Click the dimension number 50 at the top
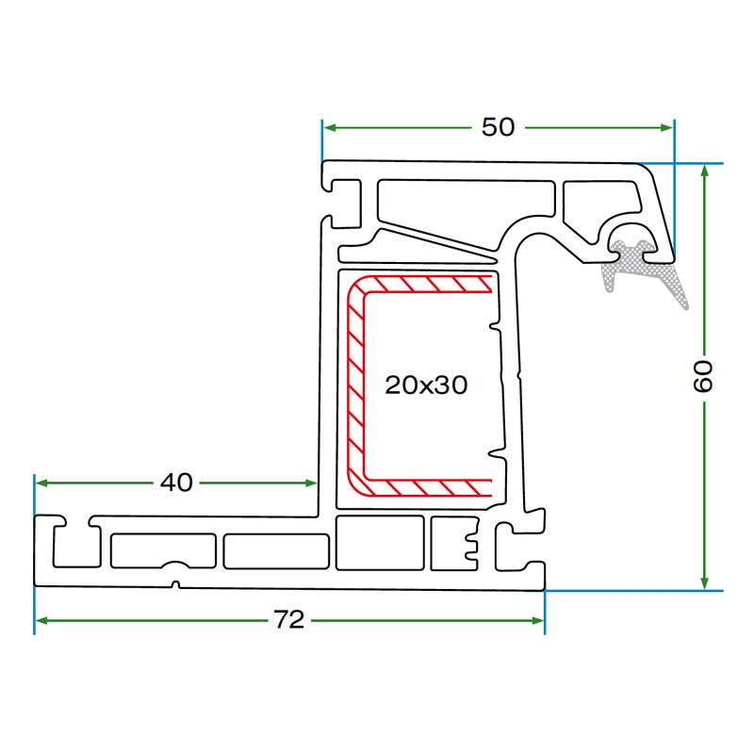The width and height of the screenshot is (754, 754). click(x=498, y=127)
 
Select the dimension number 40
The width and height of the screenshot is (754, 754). click(x=176, y=483)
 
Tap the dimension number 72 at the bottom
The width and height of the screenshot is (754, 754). click(x=289, y=620)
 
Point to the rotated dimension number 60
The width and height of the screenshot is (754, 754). click(x=703, y=375)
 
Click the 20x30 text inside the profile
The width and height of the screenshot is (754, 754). click(x=426, y=385)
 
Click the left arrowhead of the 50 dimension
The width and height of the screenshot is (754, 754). click(x=330, y=127)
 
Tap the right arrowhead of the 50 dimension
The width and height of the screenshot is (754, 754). click(x=666, y=127)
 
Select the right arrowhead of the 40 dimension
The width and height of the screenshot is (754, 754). click(x=311, y=483)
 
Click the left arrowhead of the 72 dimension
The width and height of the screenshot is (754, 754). click(x=42, y=621)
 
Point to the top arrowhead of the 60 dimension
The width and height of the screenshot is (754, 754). click(x=704, y=171)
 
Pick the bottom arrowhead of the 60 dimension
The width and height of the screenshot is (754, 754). click(x=704, y=582)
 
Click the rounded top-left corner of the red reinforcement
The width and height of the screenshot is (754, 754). click(x=358, y=288)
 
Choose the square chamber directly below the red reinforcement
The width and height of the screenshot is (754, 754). click(x=380, y=543)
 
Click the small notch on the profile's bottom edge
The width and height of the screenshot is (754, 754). click(x=176, y=585)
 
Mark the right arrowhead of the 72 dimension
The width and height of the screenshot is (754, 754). click(x=537, y=621)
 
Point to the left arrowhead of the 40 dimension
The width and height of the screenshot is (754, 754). click(x=42, y=483)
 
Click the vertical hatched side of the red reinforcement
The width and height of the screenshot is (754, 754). click(x=355, y=385)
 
